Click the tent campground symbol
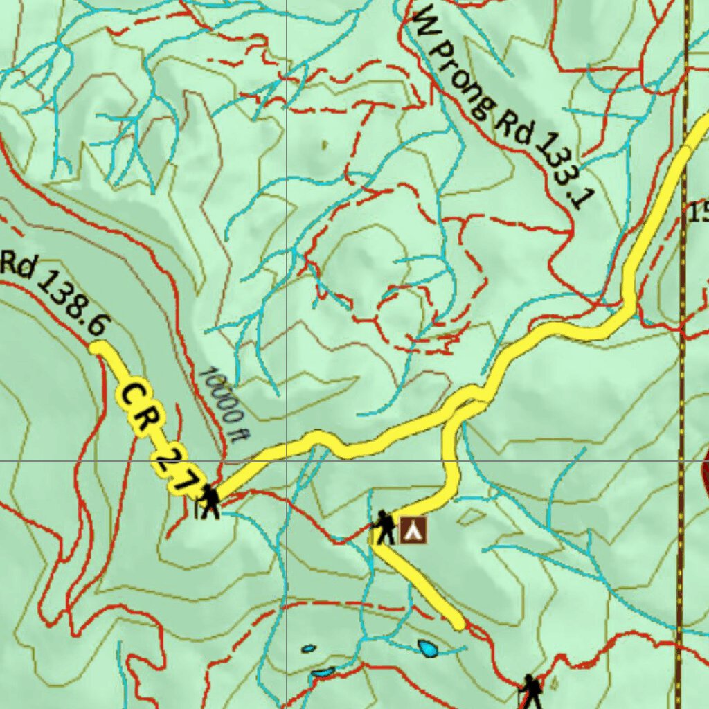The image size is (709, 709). click(x=413, y=530)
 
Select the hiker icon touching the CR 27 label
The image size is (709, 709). click(x=208, y=501)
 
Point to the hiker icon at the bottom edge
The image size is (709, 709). click(x=531, y=692)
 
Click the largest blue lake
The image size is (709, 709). click(x=428, y=648)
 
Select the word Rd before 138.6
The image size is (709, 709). click(x=17, y=265)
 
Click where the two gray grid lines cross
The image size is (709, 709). click(x=287, y=460)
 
